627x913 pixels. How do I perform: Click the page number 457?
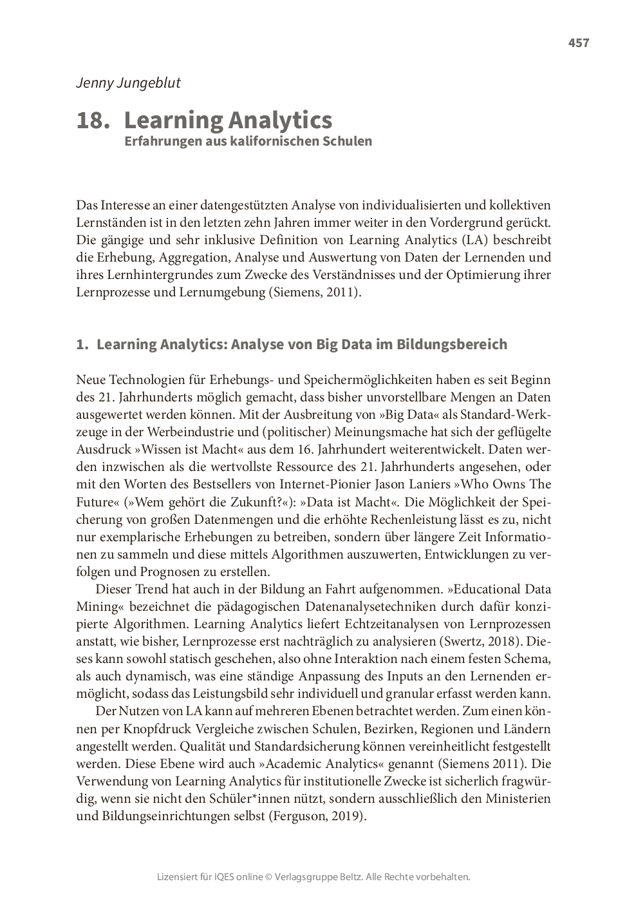coord(578,43)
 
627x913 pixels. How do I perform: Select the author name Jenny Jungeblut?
coord(128,82)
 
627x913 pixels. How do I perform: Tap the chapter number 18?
coord(93,120)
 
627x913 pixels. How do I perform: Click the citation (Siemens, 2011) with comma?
coord(314,293)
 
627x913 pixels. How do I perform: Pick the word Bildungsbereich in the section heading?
coord(451,345)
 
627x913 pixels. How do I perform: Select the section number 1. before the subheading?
coord(82,345)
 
